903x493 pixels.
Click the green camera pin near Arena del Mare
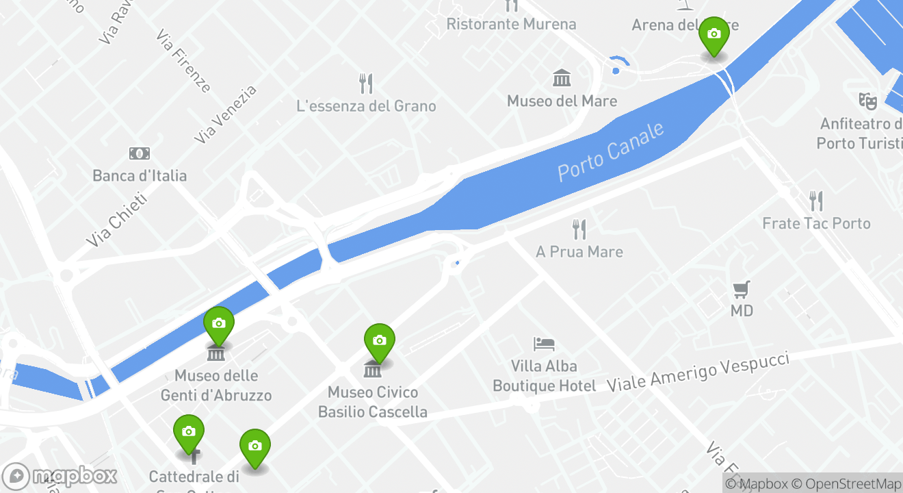714,35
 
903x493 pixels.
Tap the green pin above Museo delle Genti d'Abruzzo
219,324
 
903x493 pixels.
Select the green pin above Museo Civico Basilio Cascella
379,341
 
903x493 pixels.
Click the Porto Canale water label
611,151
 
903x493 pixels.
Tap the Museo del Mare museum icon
562,78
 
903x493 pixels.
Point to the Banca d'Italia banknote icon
140,153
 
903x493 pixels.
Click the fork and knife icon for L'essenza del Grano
366,84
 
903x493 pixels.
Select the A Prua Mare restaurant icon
579,229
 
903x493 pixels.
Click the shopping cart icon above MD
741,290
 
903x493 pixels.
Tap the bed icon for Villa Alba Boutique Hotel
544,344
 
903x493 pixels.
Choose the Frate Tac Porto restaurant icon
815,201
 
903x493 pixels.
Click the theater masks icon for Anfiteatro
867,101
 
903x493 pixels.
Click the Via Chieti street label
117,220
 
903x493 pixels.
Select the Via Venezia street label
225,114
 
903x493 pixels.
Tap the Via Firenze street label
183,61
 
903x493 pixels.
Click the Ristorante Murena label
511,25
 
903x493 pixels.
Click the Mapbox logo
60,476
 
